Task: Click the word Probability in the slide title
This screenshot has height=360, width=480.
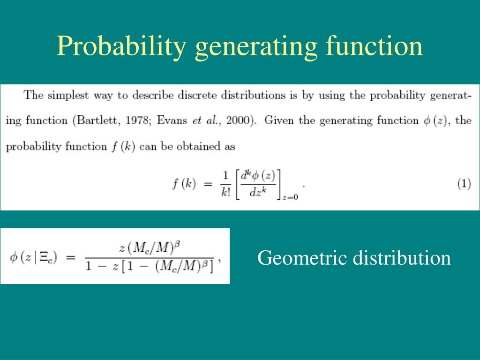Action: coord(121,47)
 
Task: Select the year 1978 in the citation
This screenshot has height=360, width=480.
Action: coord(137,120)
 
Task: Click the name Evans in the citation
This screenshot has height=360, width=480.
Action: coord(172,120)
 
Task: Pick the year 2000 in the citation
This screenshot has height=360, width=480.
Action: coord(238,120)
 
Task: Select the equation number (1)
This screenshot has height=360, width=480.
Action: coord(464,184)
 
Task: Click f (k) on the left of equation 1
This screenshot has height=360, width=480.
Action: coord(183,184)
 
